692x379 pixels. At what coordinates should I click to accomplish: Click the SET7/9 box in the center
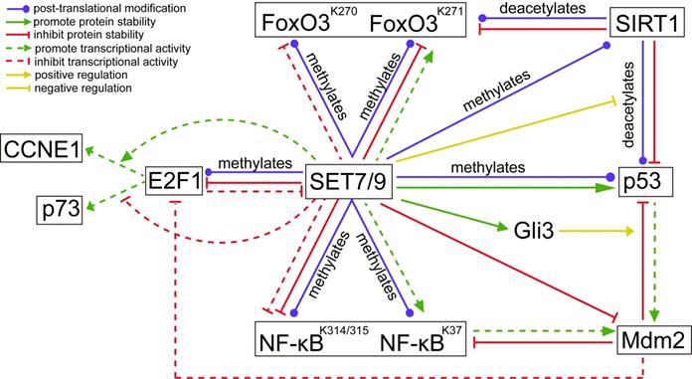click(x=349, y=181)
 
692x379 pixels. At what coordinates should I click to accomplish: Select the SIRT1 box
click(x=646, y=22)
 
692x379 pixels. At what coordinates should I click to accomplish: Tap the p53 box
click(x=645, y=182)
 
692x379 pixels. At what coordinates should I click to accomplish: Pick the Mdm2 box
click(x=652, y=340)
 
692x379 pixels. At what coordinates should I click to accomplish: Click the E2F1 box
click(x=174, y=181)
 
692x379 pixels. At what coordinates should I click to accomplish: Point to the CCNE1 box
click(x=42, y=148)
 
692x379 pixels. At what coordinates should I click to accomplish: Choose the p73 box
click(x=59, y=209)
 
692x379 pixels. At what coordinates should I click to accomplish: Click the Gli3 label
click(x=534, y=231)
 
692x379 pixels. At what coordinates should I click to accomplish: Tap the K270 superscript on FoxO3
click(x=344, y=11)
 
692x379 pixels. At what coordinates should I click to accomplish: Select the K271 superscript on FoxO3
click(x=449, y=11)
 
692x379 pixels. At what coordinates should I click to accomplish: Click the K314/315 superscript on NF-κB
click(x=344, y=330)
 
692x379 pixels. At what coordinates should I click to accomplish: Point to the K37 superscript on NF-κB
click(x=452, y=330)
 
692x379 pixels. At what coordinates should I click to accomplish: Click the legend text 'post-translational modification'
click(x=109, y=8)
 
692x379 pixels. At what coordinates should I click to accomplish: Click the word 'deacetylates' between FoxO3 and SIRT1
click(x=543, y=9)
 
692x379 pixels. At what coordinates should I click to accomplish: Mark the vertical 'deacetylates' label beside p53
click(x=627, y=104)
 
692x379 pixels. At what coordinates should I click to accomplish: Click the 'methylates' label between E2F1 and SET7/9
click(x=256, y=163)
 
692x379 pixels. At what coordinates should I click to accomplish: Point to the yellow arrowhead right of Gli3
click(x=629, y=231)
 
